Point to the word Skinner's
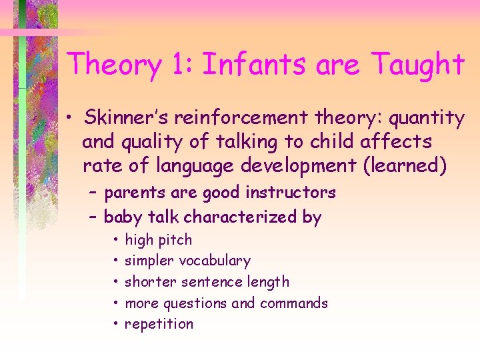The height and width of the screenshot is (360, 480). pyautogui.click(x=123, y=118)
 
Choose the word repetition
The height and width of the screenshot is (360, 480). pyautogui.click(x=159, y=325)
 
